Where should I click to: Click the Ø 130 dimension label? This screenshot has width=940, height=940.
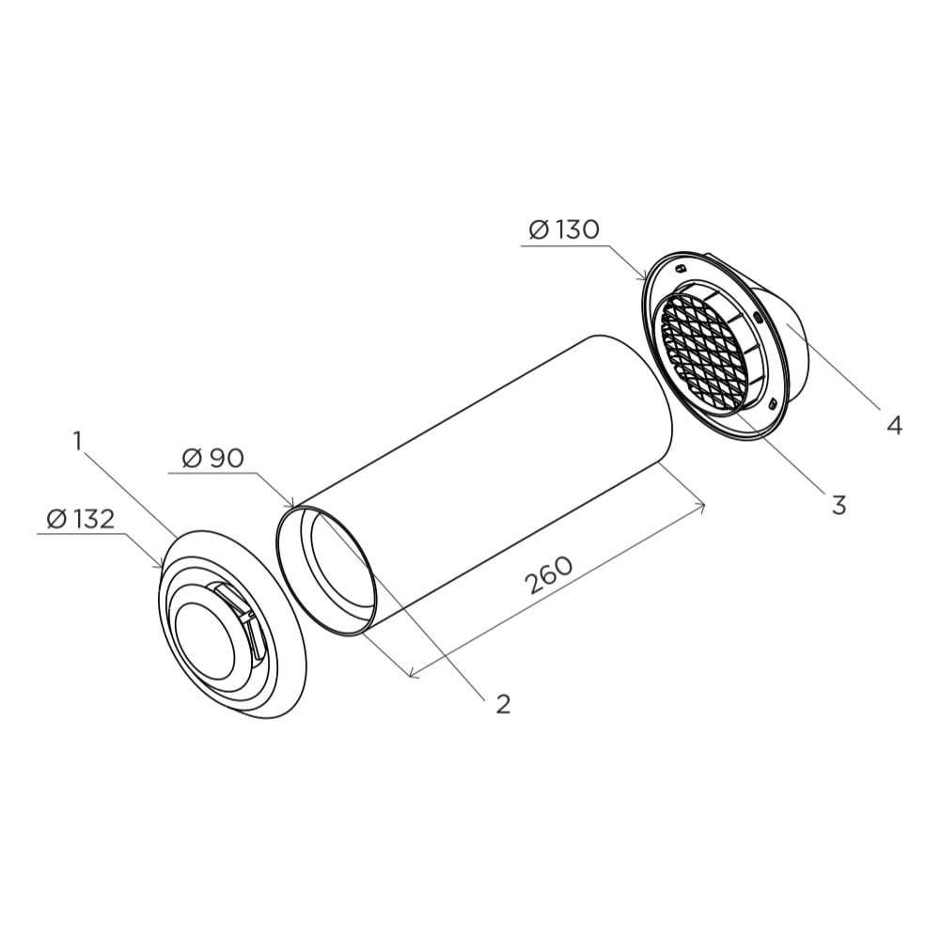coord(564,229)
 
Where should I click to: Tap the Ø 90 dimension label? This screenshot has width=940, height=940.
coord(213,459)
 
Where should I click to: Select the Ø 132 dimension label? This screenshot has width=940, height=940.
coord(80,519)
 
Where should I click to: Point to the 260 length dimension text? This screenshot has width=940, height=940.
coord(549,575)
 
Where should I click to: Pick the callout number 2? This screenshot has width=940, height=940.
coord(503,704)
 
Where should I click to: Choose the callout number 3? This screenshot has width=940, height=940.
coord(838,505)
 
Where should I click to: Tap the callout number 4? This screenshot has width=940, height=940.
coord(895,426)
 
